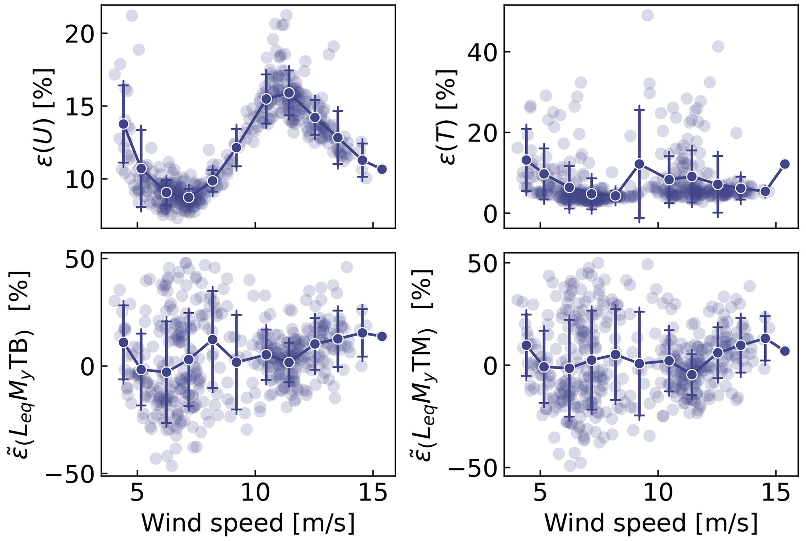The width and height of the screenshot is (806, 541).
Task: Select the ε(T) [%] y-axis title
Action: [449, 117]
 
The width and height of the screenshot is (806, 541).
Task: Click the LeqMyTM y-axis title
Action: [423, 364]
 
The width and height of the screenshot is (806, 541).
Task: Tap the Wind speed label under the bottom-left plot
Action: [248, 523]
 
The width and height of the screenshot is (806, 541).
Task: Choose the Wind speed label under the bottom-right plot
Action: [651, 523]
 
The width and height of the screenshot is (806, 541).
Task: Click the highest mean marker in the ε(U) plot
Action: [289, 93]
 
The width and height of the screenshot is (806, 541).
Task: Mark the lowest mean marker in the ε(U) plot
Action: [189, 197]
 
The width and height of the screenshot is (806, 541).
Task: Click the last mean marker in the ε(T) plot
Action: [785, 164]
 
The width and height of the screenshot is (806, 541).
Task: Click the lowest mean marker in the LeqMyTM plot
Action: [692, 375]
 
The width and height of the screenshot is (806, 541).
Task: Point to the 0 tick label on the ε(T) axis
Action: [490, 214]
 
